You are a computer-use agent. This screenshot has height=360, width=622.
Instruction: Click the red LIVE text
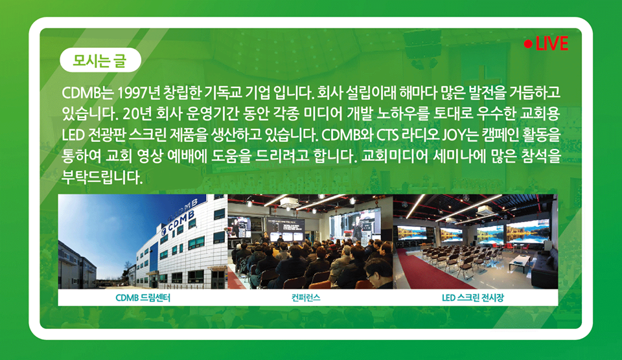pyautogui.click(x=552, y=43)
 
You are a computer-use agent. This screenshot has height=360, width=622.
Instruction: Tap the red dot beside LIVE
pyautogui.click(x=528, y=43)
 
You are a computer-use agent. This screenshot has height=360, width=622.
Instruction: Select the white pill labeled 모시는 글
pyautogui.click(x=100, y=60)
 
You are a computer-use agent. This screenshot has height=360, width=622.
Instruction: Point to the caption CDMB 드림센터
pyautogui.click(x=143, y=298)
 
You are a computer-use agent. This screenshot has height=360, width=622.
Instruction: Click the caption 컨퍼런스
pyautogui.click(x=305, y=298)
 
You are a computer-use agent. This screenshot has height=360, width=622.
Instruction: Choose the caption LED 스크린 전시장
pyautogui.click(x=473, y=298)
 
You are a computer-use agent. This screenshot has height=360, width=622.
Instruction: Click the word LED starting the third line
pyautogui.click(x=73, y=135)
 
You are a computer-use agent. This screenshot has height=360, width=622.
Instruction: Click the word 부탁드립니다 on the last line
pyautogui.click(x=102, y=177)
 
